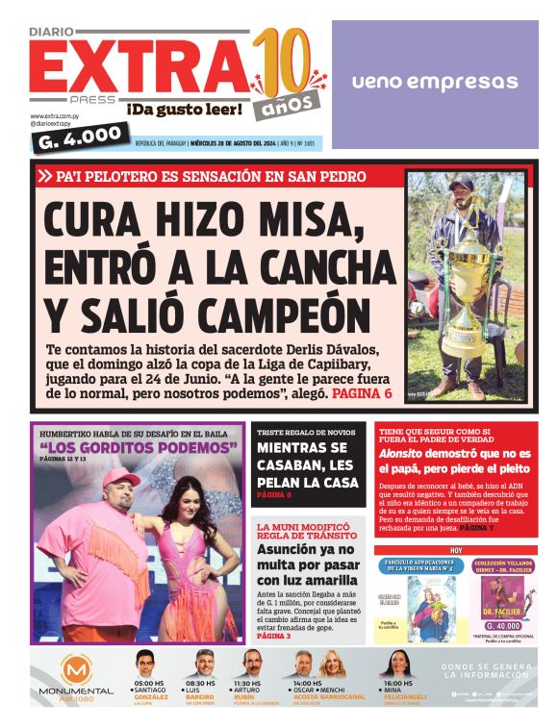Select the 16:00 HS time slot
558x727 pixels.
pos(398,684)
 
